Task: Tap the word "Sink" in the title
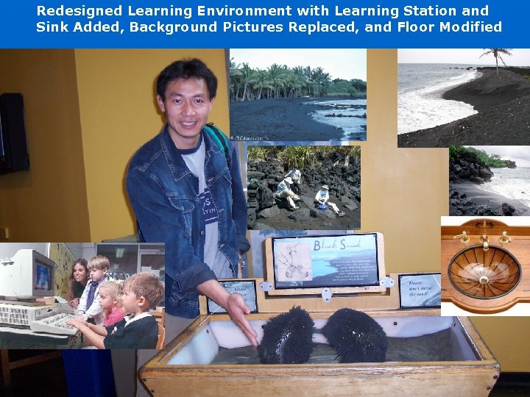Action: tap(53, 28)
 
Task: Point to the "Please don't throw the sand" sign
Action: tap(419, 289)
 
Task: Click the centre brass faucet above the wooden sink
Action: tap(484, 237)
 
